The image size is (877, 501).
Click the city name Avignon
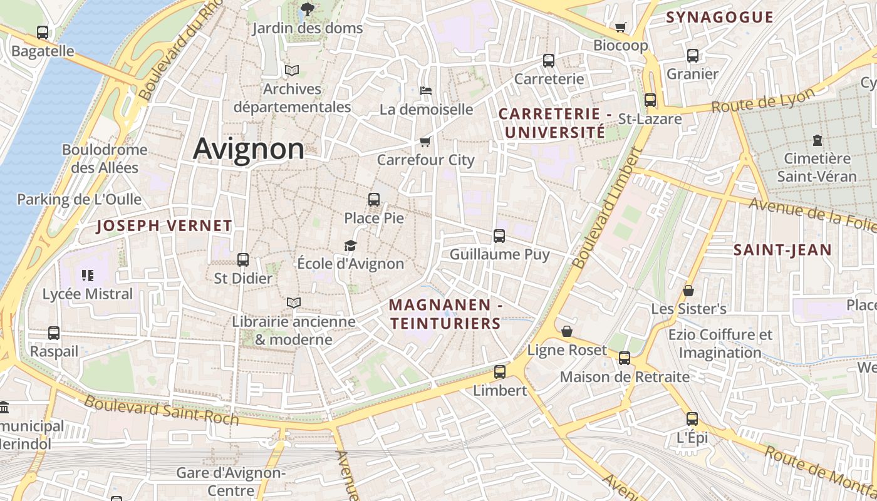249,149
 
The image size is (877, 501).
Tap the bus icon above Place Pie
374,200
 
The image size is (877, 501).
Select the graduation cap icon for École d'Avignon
350,245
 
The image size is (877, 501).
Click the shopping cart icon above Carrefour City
425,142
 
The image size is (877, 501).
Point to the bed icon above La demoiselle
426,91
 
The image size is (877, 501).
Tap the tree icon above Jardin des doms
307,9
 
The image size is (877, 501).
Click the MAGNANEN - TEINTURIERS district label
445,314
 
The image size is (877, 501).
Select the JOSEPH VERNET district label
164,226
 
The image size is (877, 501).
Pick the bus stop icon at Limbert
499,371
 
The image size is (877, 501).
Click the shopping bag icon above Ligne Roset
567,331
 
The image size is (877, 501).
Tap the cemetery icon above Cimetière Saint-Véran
817,140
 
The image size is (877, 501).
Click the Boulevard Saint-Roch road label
162,410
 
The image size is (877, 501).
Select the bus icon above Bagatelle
43,33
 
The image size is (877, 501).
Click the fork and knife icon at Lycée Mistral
87,275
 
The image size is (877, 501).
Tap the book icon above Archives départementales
292,70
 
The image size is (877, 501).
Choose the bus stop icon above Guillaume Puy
499,236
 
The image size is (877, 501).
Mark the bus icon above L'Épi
692,419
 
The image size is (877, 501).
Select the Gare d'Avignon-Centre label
231,481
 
